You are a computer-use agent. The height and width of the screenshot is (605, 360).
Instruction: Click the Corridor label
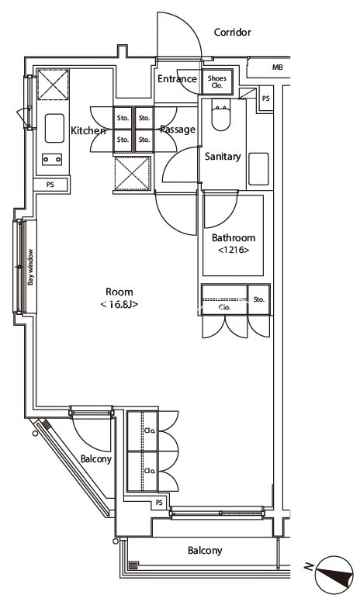[233, 33]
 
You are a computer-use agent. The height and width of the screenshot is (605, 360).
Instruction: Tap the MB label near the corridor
[277, 68]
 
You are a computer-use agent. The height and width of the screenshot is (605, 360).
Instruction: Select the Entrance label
[177, 79]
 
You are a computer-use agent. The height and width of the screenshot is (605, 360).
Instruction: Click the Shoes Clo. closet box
[216, 81]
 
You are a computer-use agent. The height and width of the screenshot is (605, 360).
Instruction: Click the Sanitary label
[223, 157]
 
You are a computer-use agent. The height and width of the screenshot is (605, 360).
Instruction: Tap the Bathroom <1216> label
[233, 244]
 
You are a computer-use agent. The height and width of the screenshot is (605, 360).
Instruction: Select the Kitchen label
[88, 131]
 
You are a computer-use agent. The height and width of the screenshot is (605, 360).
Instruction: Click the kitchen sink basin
[54, 128]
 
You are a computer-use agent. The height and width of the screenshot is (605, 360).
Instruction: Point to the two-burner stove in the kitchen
[54, 160]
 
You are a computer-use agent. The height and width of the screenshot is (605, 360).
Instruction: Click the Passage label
[178, 130]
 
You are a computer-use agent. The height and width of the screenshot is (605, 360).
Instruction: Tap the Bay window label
[31, 268]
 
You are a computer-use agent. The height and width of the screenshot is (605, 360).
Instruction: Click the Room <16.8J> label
[119, 299]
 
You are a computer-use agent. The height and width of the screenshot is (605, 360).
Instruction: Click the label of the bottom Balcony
[205, 551]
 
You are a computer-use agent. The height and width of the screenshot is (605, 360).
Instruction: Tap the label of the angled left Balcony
[96, 459]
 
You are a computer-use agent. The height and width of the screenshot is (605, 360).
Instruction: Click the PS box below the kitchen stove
[50, 185]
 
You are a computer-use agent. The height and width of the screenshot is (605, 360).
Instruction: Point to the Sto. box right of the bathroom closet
[259, 298]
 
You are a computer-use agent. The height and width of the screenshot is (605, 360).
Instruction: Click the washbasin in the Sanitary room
[258, 169]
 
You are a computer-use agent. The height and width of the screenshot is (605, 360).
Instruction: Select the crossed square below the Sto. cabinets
[130, 171]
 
